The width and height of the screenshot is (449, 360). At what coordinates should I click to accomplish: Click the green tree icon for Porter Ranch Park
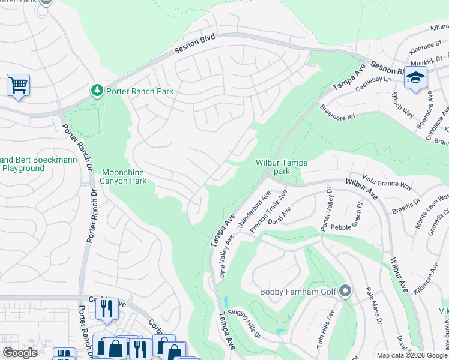point(97,91)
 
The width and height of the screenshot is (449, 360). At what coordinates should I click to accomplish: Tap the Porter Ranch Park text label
point(140,91)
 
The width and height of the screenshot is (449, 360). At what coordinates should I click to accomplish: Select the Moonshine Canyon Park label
point(124,176)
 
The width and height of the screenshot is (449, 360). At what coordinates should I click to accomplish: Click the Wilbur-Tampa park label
point(282,167)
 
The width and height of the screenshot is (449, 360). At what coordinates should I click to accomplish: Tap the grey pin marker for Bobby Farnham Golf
point(345,292)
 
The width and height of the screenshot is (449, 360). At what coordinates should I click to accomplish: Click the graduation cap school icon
point(415,79)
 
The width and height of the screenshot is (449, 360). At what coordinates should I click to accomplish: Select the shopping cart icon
point(19,85)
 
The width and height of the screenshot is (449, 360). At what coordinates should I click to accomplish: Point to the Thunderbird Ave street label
point(254,211)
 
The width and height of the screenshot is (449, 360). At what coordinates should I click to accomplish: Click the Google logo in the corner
point(20,353)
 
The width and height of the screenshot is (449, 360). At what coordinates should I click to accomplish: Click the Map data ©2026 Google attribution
point(411,355)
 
